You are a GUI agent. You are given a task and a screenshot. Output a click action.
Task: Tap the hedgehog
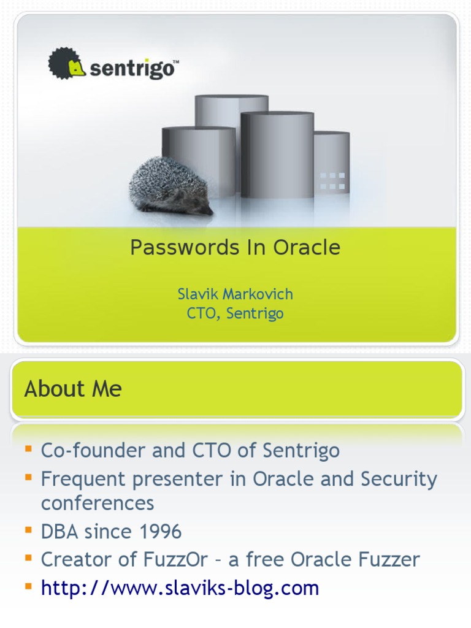[x=169, y=186]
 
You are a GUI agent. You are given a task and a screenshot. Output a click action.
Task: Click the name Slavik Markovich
[x=235, y=294]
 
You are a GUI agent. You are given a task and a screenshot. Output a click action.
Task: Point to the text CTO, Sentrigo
[x=235, y=314]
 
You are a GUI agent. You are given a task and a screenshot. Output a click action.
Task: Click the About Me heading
[x=73, y=389]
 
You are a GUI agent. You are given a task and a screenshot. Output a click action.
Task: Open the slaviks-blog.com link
[x=180, y=588]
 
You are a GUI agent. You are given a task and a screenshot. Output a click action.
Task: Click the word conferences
[x=98, y=504]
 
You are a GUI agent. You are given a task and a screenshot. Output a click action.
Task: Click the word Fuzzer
[x=388, y=559]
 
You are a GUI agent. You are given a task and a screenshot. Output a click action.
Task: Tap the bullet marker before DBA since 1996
[x=28, y=529]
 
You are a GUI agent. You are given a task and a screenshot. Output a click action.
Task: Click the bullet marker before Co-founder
[x=28, y=449]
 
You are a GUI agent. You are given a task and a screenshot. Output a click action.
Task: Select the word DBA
[x=59, y=532]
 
